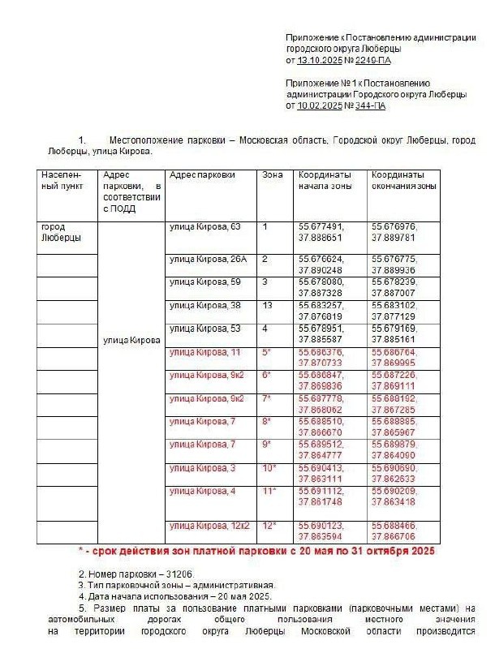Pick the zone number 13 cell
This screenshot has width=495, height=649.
[267, 305]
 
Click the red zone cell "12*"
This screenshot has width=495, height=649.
[269, 525]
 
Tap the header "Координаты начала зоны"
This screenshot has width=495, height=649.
[325, 180]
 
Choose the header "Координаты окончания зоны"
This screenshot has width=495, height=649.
[403, 180]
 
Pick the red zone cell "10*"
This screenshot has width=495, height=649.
[269, 468]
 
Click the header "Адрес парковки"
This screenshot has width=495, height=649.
[202, 175]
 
